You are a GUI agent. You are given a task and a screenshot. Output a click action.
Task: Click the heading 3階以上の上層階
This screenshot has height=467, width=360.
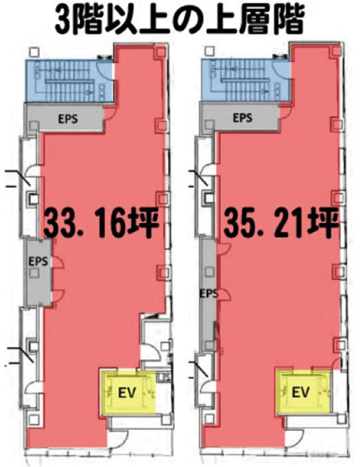pyautogui.click(x=179, y=21)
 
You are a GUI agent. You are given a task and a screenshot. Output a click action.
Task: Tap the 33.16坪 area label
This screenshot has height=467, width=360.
pyautogui.click(x=101, y=224)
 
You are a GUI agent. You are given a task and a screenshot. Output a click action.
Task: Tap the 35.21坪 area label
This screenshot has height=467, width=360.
pyautogui.click(x=281, y=224)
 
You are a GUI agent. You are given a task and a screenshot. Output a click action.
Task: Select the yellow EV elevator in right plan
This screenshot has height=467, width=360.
pyautogui.click(x=304, y=391)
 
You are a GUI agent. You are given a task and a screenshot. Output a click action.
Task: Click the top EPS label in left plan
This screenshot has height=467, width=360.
pyautogui.click(x=68, y=119)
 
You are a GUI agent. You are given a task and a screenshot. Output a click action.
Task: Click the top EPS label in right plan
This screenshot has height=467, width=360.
pyautogui.click(x=242, y=118)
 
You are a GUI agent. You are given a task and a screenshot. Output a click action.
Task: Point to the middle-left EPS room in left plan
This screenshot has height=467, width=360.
pyautogui.click(x=39, y=272)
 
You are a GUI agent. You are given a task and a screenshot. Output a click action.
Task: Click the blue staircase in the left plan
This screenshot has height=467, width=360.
pyautogui.click(x=69, y=80)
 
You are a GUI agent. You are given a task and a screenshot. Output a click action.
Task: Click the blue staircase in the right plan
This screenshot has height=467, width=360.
pyautogui.click(x=246, y=80)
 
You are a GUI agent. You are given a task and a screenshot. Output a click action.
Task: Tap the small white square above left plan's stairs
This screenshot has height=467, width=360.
pyautogui.click(x=34, y=52)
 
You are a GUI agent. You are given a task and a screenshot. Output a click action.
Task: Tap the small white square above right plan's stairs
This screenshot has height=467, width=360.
pyautogui.click(x=210, y=51)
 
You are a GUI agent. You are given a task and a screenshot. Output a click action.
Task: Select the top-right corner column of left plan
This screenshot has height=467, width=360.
pyautogui.click(x=160, y=52)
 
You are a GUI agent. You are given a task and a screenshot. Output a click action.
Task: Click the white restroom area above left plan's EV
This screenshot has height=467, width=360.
pyautogui.click(x=156, y=341)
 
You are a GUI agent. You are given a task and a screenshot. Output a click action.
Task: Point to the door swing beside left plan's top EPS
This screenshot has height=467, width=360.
pyautogui.click(x=110, y=114)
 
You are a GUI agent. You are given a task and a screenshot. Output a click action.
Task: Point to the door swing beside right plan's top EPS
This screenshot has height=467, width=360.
pyautogui.click(x=285, y=113)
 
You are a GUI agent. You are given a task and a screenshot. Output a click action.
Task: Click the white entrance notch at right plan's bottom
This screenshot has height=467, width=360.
pyautogui.click(x=294, y=438)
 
